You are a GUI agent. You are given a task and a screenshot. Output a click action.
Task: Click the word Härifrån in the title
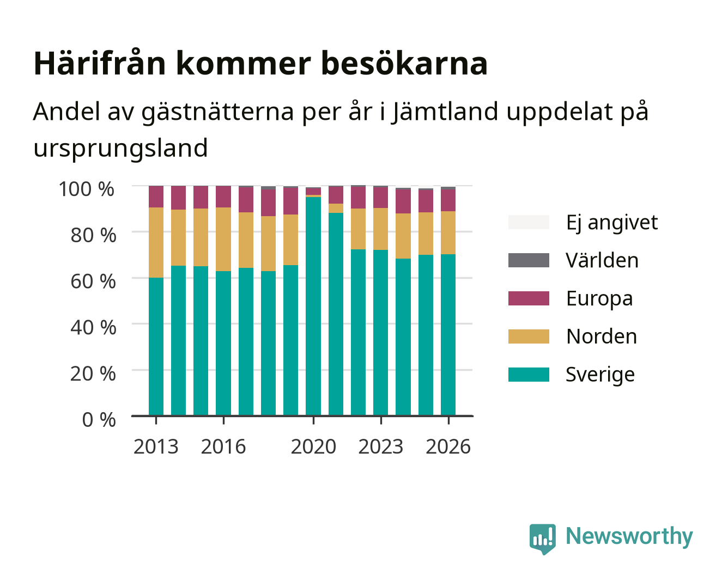pyautogui.click(x=100, y=63)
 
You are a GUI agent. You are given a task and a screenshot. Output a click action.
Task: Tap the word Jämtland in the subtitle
pyautogui.click(x=445, y=111)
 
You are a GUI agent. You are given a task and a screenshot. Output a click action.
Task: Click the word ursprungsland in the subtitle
pyautogui.click(x=120, y=149)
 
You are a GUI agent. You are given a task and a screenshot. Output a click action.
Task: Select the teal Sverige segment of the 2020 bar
pyautogui.click(x=313, y=306)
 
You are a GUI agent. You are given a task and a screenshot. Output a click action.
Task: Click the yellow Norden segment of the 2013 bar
pyautogui.click(x=156, y=242)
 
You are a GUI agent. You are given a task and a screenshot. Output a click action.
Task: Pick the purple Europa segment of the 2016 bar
pyautogui.click(x=223, y=197)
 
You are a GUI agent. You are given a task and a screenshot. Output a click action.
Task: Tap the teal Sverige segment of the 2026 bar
pyautogui.click(x=448, y=335)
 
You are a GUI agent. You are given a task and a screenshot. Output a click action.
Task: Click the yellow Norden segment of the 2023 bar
pyautogui.click(x=380, y=229)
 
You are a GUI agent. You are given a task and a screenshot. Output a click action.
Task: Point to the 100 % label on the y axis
pyautogui.click(x=87, y=189)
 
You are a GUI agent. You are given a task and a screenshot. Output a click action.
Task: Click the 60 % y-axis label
pyautogui.click(x=93, y=281)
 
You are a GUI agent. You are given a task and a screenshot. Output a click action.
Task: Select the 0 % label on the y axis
pyautogui.click(x=99, y=419)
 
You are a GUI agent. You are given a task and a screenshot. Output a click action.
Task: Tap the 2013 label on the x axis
pyautogui.click(x=156, y=446)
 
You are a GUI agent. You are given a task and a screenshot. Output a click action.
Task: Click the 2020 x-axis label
pyautogui.click(x=313, y=446)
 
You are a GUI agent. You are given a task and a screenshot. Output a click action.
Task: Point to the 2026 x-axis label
pyautogui.click(x=448, y=446)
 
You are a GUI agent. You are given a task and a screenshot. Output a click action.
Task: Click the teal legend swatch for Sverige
pyautogui.click(x=529, y=374)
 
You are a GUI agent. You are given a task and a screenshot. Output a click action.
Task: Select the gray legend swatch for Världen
pyautogui.click(x=529, y=260)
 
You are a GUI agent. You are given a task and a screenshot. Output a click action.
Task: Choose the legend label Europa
pyautogui.click(x=599, y=299)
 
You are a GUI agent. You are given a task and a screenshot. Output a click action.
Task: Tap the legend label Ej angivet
pyautogui.click(x=612, y=223)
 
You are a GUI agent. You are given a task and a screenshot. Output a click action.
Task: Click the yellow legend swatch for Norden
pyautogui.click(x=529, y=336)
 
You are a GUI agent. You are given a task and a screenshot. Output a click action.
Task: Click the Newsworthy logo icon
pyautogui.click(x=542, y=539)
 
